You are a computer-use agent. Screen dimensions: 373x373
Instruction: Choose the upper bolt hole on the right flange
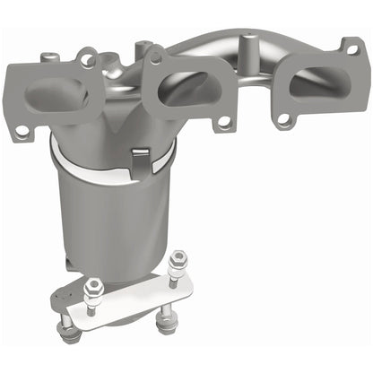(350, 47)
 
